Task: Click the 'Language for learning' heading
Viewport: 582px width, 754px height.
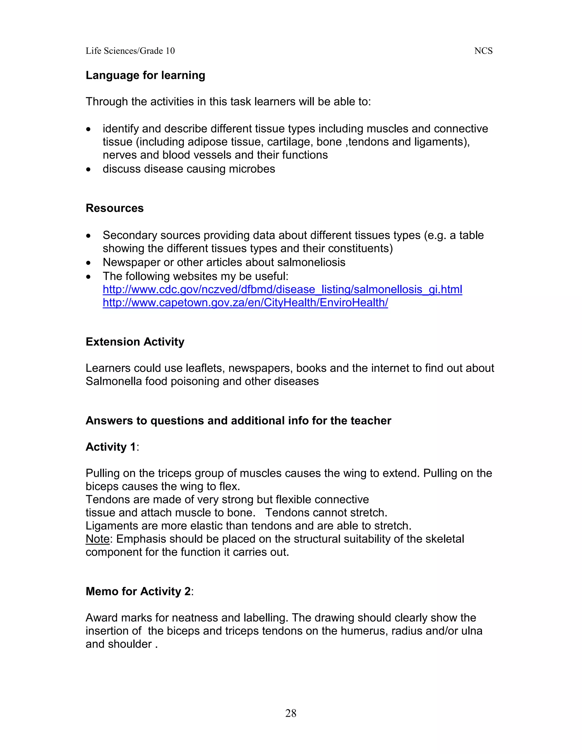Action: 145,75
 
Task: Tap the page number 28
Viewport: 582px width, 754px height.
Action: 291,713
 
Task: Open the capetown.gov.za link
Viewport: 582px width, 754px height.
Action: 245,302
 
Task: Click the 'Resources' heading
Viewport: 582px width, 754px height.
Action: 115,208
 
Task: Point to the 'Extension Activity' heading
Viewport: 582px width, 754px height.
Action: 135,342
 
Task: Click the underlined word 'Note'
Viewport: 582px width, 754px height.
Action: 97,539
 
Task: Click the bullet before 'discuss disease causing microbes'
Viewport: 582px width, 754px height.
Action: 89,169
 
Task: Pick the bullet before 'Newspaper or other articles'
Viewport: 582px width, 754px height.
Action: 89,263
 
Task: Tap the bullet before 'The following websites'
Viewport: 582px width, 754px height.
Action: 89,277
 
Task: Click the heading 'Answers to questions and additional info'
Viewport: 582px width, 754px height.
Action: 238,421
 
